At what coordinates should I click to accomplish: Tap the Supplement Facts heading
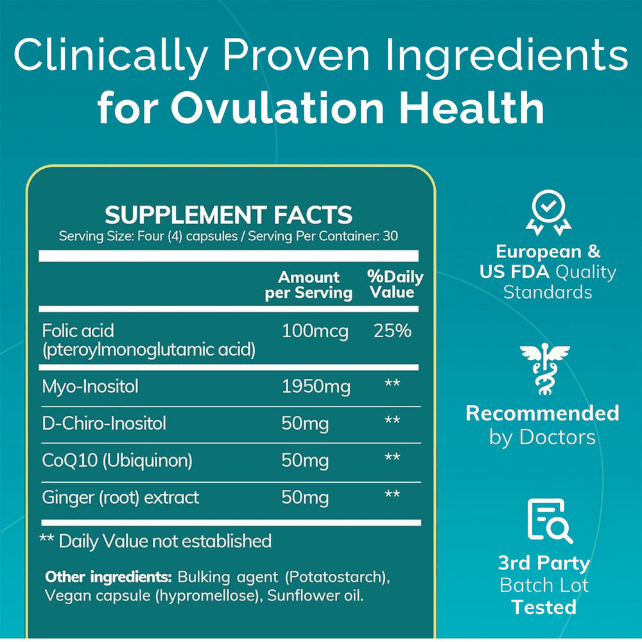point(229,215)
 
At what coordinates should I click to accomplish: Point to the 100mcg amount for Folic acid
point(315,331)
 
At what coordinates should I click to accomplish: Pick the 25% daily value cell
point(392,331)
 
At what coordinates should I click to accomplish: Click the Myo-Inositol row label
point(90,386)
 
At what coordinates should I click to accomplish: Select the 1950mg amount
point(316,386)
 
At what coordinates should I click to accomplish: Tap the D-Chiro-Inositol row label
point(103,423)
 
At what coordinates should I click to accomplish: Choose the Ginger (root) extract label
point(120,498)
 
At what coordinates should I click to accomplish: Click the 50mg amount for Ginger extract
point(305,498)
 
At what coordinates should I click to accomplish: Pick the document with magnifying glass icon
point(548,521)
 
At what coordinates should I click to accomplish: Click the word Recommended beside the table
point(542,413)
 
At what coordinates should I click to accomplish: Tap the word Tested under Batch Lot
point(544,607)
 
